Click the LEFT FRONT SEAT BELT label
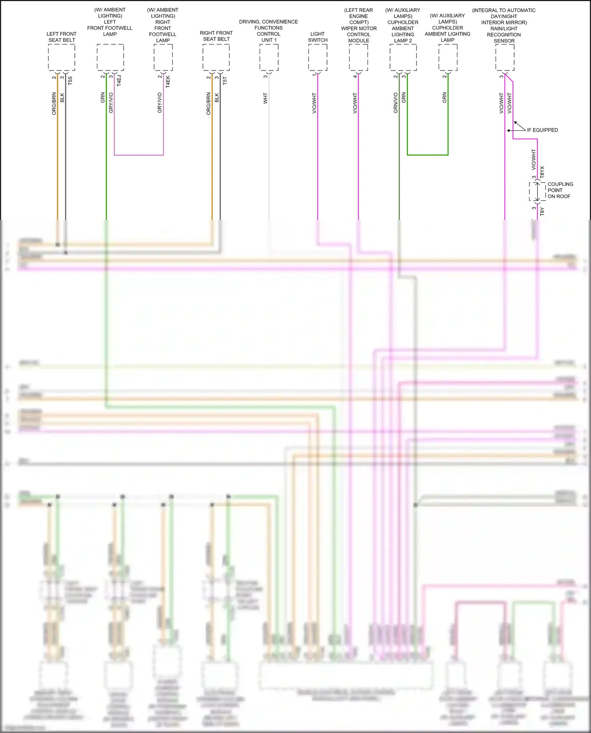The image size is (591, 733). pyautogui.click(x=61, y=37)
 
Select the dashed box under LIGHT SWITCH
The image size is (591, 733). pyautogui.click(x=318, y=58)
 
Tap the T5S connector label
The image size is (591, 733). pyautogui.click(x=70, y=81)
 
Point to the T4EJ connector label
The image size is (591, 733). pyautogui.click(x=119, y=81)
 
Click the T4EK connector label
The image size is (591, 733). pyautogui.click(x=168, y=82)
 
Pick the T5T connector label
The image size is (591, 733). pyautogui.click(x=225, y=81)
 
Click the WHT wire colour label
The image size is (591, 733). pyautogui.click(x=265, y=98)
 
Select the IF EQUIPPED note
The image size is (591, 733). pyautogui.click(x=542, y=130)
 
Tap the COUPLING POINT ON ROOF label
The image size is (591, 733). pyautogui.click(x=560, y=190)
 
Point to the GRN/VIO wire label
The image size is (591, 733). pyautogui.click(x=396, y=103)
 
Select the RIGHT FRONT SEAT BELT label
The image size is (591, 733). pyautogui.click(x=216, y=36)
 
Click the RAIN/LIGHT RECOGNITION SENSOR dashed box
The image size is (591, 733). pyautogui.click(x=504, y=58)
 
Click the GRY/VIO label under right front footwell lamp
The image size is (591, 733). pyautogui.click(x=160, y=103)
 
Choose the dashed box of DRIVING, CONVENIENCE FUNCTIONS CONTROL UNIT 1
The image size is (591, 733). pyautogui.click(x=269, y=58)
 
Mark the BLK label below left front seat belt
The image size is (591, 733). pyautogui.click(x=62, y=98)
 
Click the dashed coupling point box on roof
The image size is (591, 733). pyautogui.click(x=537, y=192)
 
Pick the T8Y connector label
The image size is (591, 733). pyautogui.click(x=542, y=212)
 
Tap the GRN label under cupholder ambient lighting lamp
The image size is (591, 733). pyautogui.click(x=444, y=98)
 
